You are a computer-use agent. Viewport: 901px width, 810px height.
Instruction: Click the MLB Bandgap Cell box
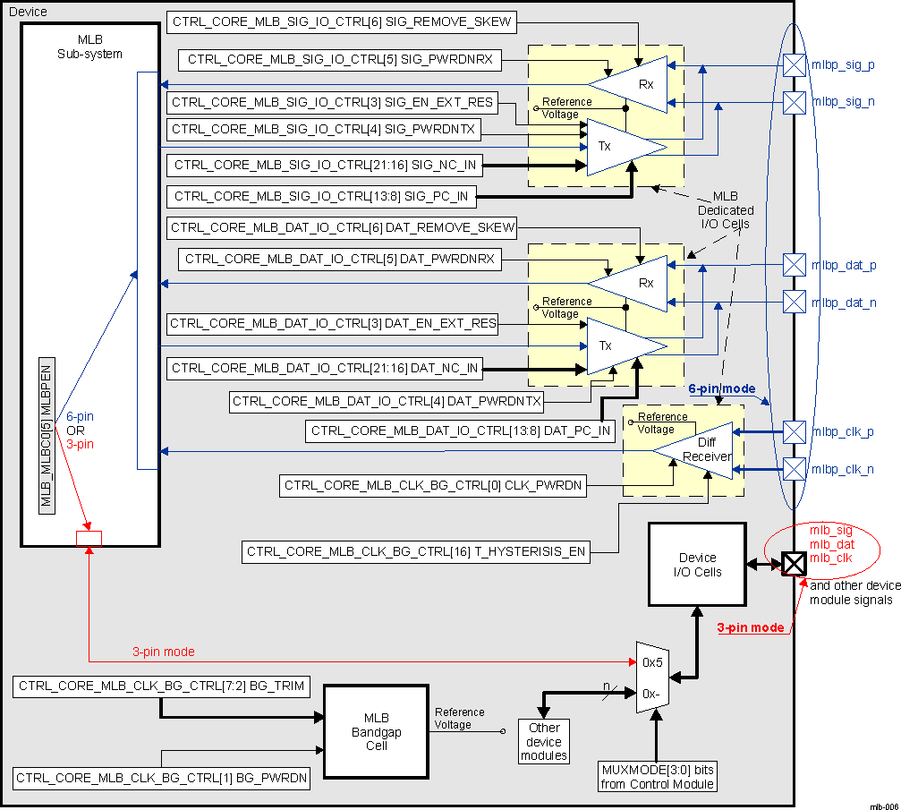[376, 732]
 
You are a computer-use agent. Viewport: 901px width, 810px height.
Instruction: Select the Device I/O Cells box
[696, 564]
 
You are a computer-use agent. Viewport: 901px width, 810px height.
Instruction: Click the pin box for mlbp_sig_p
[794, 65]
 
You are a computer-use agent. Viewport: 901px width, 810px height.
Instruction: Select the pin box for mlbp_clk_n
[794, 468]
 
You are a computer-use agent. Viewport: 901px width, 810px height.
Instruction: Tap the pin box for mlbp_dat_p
[794, 265]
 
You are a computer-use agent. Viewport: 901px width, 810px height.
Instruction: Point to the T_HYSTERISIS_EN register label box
[416, 552]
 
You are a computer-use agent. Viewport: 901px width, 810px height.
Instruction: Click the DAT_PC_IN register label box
[461, 431]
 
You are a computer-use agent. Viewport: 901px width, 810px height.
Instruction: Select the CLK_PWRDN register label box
[434, 486]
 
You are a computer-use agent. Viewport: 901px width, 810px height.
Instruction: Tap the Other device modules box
[544, 742]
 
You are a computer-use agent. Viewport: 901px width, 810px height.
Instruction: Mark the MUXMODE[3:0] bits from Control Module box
[657, 777]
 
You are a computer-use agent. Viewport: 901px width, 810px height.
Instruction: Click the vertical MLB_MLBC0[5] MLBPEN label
[47, 434]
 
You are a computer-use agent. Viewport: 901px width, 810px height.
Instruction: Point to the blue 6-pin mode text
[721, 389]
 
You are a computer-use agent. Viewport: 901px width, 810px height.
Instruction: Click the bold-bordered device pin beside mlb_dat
[794, 564]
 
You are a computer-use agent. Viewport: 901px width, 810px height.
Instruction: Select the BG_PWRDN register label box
[162, 778]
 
